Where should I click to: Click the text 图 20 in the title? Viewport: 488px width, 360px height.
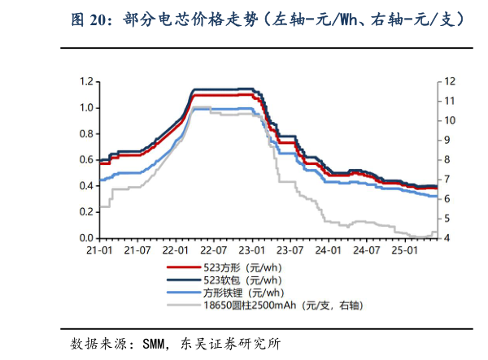pos(89,17)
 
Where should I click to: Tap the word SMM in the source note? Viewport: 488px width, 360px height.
pos(155,342)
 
